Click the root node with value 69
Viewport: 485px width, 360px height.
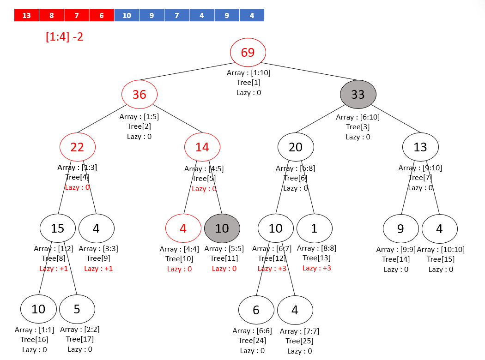point(248,52)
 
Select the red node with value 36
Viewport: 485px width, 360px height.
point(139,95)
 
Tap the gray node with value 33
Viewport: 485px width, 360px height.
point(358,94)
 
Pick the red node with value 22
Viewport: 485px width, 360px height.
point(78,147)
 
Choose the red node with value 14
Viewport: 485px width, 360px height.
point(202,147)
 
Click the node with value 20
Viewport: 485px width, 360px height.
point(296,147)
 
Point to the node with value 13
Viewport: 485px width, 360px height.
point(420,147)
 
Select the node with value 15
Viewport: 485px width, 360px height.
point(58,228)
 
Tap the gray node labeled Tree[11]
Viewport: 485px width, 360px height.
point(222,228)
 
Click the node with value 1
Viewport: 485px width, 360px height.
point(314,228)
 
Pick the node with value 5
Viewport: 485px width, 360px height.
point(77,309)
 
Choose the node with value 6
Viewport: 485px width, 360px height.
point(256,310)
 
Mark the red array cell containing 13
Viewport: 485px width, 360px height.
point(27,15)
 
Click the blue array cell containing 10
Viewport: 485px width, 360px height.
point(127,15)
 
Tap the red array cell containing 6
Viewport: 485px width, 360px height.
point(102,15)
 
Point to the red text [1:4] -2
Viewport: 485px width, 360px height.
point(65,36)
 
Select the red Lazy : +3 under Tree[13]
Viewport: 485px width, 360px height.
point(317,268)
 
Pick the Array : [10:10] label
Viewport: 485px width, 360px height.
point(441,250)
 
